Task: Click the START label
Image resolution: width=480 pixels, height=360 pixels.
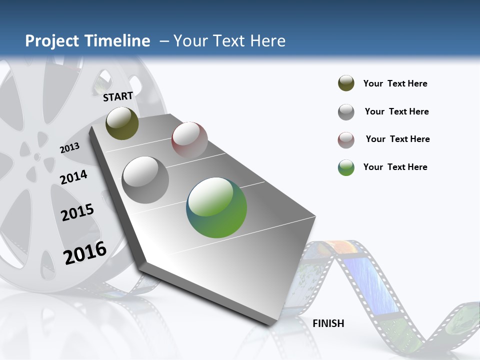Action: coord(118,96)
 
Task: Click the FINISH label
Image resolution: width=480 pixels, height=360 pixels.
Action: coord(328,323)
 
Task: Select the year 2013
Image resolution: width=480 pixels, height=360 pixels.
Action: coord(69,148)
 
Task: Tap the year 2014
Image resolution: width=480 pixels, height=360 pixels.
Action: coord(73,177)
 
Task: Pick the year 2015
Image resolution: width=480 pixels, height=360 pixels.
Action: coord(77,212)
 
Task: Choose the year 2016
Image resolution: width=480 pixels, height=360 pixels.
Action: coord(85,252)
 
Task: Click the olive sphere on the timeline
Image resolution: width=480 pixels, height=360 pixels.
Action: coord(122,123)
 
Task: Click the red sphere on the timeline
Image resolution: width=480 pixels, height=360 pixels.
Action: coord(189,139)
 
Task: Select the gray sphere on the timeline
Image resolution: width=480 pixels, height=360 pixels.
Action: coord(145,180)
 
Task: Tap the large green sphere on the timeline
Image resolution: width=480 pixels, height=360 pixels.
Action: coord(216,207)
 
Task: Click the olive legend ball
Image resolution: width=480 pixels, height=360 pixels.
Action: coord(346,83)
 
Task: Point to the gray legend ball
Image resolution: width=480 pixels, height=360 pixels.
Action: coord(346,112)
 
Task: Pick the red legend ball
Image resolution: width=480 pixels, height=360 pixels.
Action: coord(346,140)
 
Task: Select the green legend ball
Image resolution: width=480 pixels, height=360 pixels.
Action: coord(346,167)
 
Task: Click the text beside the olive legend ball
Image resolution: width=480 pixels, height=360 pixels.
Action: coord(395,83)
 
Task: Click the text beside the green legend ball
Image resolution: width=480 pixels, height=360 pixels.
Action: coord(395,167)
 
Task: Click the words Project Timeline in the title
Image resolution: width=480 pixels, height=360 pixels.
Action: coord(87,41)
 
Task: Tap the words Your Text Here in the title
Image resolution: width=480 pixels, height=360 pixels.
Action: coord(229,41)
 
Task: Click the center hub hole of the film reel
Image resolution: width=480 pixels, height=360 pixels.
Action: coord(36,157)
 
